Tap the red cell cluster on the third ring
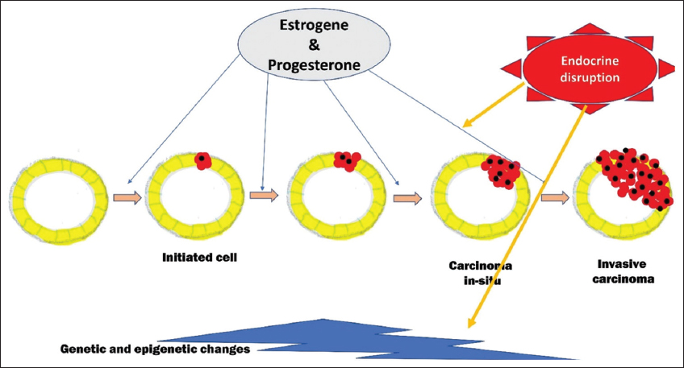pos(348,160)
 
